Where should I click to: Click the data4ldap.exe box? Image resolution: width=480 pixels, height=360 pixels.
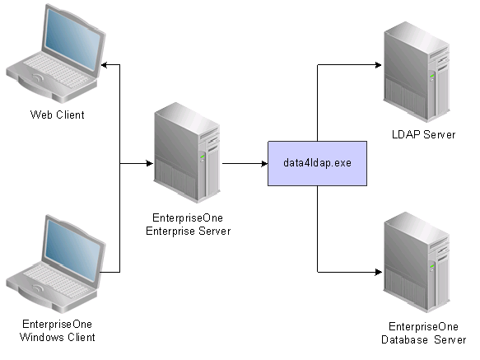point(317,163)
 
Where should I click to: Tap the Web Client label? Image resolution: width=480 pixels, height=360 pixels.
point(58,115)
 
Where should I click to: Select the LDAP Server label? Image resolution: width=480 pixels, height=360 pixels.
point(423,134)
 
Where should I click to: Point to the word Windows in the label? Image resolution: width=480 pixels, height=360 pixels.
point(42,337)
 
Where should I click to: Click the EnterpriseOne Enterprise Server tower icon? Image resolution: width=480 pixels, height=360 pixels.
point(187,152)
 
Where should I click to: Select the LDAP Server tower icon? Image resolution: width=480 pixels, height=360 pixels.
point(417,72)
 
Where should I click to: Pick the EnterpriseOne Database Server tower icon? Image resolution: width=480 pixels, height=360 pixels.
point(417,262)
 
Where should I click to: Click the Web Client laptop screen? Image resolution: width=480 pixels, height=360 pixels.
point(72,42)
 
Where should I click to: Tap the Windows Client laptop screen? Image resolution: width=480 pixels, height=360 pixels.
point(72,252)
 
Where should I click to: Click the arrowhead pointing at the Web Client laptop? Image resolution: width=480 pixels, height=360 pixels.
point(105,64)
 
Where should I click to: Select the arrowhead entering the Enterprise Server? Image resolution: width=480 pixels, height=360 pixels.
point(150,163)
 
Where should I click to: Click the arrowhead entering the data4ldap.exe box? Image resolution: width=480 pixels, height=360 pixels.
point(264,164)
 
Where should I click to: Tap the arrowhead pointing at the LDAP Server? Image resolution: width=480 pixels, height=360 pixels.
point(379,64)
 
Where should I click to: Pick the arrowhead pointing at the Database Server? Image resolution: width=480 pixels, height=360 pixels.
point(379,272)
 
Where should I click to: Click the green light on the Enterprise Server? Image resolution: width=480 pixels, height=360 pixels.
point(202,157)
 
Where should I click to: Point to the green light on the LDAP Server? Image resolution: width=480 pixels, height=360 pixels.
point(432,76)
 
